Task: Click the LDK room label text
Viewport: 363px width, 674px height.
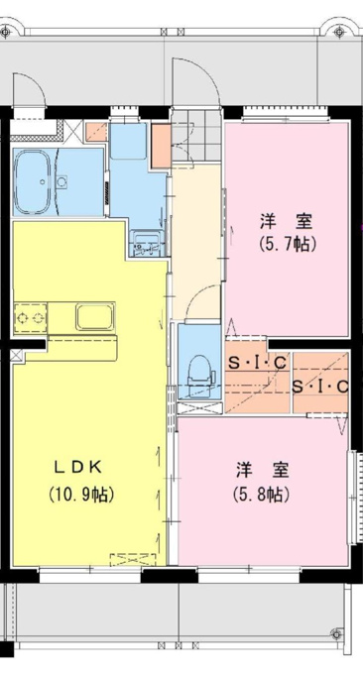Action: coord(77,467)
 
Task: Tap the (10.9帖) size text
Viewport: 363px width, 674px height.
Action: coord(81,495)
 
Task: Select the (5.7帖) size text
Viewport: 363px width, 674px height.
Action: coord(289,244)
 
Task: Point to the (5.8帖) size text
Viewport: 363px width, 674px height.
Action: coord(262,495)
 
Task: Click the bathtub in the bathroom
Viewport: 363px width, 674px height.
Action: coord(36,181)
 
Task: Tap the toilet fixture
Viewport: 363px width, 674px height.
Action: coord(201,373)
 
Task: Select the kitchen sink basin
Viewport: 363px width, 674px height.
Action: coord(95,317)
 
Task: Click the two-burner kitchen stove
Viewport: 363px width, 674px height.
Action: coord(30,317)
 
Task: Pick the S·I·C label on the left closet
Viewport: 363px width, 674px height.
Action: coord(257,364)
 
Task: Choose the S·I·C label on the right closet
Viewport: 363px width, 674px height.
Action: coord(320,388)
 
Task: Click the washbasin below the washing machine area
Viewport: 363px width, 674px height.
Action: coord(147,243)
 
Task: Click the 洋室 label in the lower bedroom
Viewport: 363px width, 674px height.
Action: coord(262,470)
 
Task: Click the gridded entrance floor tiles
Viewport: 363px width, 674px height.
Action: coord(196,135)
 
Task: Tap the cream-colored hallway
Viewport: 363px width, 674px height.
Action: coord(196,241)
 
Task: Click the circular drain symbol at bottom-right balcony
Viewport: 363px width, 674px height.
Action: coord(337,633)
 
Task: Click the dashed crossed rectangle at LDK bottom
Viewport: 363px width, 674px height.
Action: coord(133,560)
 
